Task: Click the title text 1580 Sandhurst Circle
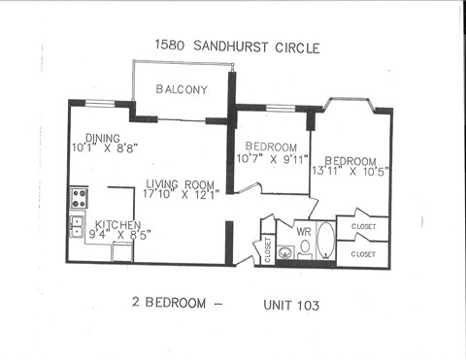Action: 237,46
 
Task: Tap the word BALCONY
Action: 182,89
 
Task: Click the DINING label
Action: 102,138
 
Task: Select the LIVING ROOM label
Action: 181,184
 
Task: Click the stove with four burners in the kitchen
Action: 78,198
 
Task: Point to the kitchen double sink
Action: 77,226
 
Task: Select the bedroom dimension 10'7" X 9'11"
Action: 272,158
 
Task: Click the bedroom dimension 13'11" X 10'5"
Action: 351,172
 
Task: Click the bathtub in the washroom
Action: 324,243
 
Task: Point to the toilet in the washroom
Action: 305,247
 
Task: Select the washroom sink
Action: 284,253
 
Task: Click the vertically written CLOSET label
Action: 268,249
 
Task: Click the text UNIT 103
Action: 291,305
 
